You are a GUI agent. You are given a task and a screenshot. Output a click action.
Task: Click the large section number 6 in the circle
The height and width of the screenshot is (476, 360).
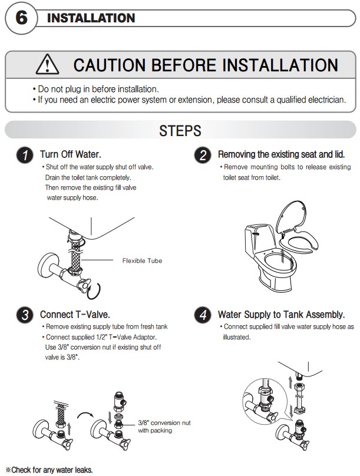(21, 18)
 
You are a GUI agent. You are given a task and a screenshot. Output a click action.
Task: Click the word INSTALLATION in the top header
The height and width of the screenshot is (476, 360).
(91, 18)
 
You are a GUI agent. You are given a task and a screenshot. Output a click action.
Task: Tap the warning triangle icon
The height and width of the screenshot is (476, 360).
(47, 65)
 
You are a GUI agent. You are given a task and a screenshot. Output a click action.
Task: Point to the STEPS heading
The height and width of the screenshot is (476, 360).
(180, 131)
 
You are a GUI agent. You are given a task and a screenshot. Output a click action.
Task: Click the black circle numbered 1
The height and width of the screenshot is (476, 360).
(25, 155)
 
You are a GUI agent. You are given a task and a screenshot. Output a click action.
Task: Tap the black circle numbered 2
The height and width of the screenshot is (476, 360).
(203, 155)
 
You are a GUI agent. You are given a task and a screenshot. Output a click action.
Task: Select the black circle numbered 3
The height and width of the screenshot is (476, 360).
(25, 315)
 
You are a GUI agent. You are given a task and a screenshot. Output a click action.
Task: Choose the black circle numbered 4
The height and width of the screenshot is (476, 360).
(203, 315)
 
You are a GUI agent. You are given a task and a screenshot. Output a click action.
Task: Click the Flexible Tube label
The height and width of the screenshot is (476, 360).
(142, 261)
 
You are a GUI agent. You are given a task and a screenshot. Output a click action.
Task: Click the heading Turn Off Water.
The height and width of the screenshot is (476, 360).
(71, 154)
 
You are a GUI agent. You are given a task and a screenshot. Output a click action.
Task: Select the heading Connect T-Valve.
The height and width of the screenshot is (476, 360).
(75, 315)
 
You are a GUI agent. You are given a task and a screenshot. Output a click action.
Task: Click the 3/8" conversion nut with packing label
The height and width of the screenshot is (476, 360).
(164, 427)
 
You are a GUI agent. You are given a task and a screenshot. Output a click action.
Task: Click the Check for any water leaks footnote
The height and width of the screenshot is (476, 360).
(49, 470)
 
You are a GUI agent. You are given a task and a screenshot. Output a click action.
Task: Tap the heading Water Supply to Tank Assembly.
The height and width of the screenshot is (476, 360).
(282, 315)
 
